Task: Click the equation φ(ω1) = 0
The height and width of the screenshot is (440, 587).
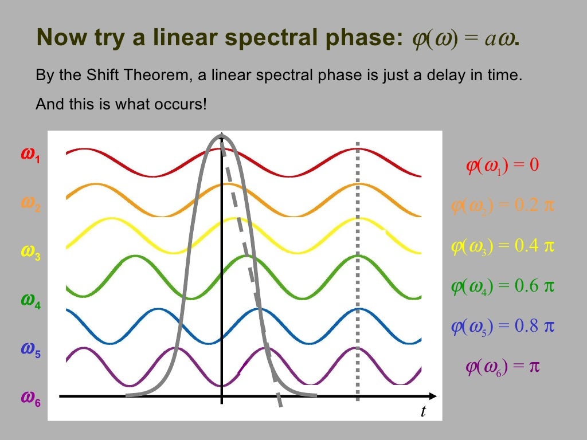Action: (502, 166)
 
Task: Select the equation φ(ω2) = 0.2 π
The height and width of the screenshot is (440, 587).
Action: (502, 206)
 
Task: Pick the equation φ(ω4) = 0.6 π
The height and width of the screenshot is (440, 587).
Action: (502, 286)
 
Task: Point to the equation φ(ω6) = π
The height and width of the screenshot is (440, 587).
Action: (502, 366)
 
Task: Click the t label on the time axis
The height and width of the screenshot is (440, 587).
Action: (423, 411)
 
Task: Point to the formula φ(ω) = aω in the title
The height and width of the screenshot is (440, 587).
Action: (464, 38)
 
